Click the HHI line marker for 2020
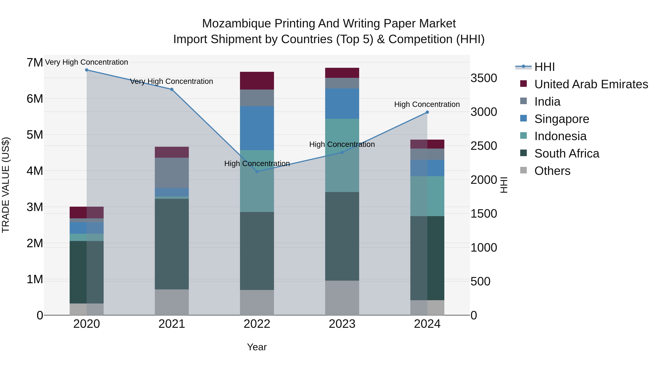87,70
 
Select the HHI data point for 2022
257,172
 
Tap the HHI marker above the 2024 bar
427,112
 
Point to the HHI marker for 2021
172,89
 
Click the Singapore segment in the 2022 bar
257,128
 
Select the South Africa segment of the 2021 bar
172,244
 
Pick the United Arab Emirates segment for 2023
342,73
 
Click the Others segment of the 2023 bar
342,298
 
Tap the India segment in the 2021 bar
172,173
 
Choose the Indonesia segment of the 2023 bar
342,155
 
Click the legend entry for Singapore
561,119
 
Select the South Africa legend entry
567,153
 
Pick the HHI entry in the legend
544,67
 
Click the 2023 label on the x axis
342,324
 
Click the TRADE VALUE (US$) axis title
6,185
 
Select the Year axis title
257,347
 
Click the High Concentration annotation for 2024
427,105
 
